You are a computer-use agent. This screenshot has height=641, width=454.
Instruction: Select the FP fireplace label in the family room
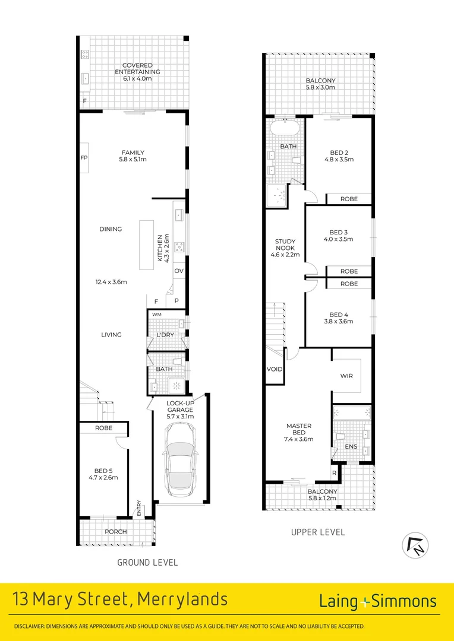pyautogui.click(x=84, y=158)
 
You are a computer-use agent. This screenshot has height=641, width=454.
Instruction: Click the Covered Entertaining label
pyautogui.click(x=137, y=68)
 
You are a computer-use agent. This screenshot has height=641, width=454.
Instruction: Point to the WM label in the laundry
pyautogui.click(x=157, y=314)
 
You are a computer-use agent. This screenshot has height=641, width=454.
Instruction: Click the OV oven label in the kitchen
pyautogui.click(x=178, y=271)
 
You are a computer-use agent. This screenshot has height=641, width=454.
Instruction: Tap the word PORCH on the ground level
pyautogui.click(x=115, y=531)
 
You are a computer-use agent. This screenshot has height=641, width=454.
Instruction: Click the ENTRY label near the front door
pyautogui.click(x=139, y=508)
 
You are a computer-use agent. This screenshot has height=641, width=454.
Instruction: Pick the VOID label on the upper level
pyautogui.click(x=275, y=369)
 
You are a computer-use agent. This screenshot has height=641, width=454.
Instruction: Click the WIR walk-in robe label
pyautogui.click(x=347, y=376)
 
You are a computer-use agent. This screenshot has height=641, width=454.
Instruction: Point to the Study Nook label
pyautogui.click(x=285, y=248)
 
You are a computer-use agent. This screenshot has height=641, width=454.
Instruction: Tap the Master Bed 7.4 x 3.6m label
pyautogui.click(x=298, y=432)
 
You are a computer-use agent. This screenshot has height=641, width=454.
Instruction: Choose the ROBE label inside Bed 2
pyautogui.click(x=349, y=199)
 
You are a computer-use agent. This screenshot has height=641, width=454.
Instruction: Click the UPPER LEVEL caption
pyautogui.click(x=317, y=532)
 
